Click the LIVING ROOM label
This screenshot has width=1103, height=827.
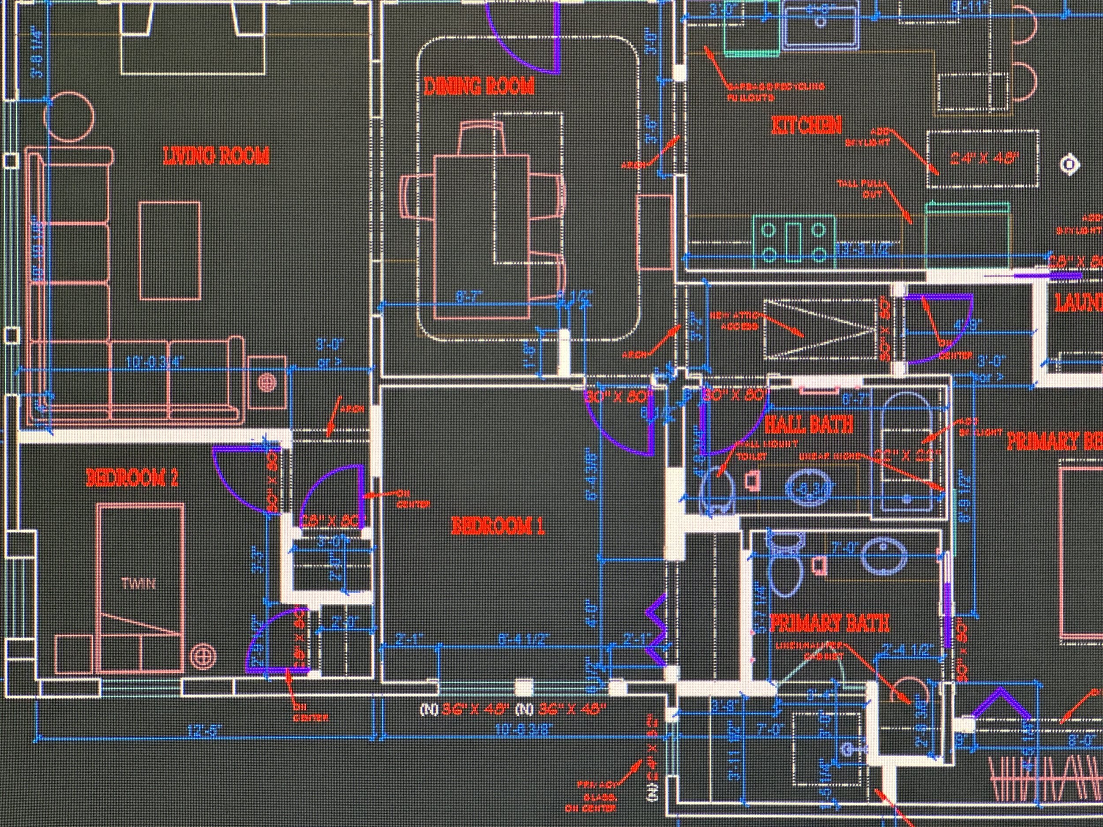click(x=216, y=157)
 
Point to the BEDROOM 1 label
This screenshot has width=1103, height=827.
click(x=497, y=526)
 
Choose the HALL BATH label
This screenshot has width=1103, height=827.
click(x=808, y=425)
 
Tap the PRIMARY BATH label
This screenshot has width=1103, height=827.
click(x=829, y=623)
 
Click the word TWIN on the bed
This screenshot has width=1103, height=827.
click(x=139, y=583)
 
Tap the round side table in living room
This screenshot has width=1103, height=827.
click(x=69, y=116)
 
